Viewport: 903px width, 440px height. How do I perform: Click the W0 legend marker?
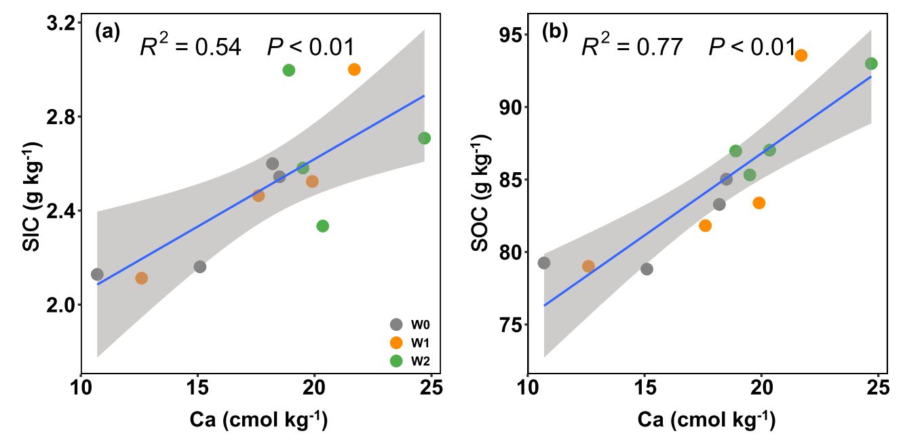396,324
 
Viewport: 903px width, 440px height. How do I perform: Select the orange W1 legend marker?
396,342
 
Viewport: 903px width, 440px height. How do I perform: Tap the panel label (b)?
554,33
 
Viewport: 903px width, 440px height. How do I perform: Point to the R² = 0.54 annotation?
190,47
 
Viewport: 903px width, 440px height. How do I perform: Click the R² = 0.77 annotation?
632,47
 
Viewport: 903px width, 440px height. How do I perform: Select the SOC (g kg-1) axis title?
480,197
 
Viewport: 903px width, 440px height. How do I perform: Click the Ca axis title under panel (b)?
706,420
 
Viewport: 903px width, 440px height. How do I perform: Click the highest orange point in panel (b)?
801,55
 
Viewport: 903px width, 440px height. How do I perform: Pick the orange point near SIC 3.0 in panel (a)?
354,69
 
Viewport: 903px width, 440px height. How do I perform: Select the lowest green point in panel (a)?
323,226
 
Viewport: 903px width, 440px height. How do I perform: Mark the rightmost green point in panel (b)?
871,64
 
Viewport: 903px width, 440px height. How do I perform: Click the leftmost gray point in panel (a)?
97,275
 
